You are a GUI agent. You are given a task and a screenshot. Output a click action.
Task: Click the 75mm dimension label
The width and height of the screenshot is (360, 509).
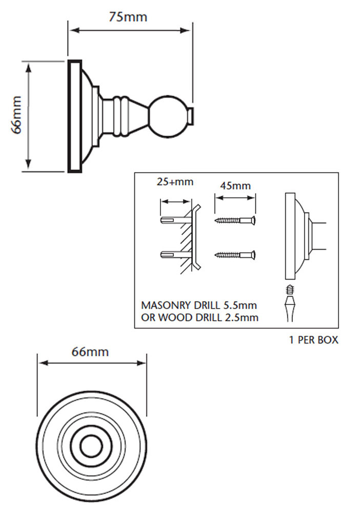[x=128, y=17]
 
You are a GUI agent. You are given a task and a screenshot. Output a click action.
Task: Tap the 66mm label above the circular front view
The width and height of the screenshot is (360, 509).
[x=90, y=352]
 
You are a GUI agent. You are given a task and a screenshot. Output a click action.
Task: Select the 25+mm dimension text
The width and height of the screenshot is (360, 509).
[x=176, y=182]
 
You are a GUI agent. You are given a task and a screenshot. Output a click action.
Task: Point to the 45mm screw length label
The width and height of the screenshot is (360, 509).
[x=235, y=186]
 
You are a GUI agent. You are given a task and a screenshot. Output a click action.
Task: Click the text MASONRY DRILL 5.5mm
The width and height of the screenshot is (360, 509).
[x=198, y=306]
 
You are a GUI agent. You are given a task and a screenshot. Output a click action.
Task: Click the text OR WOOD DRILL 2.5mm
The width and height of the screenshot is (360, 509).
[x=199, y=318]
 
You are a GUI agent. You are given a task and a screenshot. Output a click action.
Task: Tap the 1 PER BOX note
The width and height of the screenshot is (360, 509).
[x=314, y=340]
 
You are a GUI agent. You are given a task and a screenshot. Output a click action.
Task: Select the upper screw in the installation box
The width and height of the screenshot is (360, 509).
[x=235, y=220]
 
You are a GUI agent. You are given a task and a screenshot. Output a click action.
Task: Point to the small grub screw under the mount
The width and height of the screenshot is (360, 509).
[x=290, y=290]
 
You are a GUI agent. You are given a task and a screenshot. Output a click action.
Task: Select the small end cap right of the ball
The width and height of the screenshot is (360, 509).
[x=190, y=116]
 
